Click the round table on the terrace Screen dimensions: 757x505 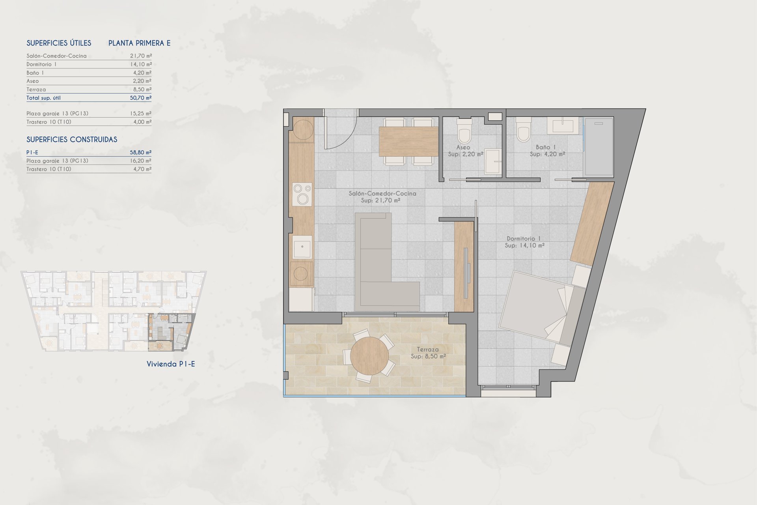click(x=369, y=356)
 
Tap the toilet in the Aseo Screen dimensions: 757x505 click(x=464, y=131)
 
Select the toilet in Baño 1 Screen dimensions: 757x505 click(x=524, y=129)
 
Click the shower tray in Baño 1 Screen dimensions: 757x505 click(x=599, y=147)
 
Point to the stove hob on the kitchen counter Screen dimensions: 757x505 click(x=302, y=194)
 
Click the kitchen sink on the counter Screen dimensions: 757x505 click(x=302, y=247)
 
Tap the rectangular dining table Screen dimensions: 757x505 click(x=408, y=141)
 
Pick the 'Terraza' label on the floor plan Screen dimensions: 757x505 click(x=428, y=350)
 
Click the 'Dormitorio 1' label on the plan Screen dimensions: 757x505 click(x=524, y=239)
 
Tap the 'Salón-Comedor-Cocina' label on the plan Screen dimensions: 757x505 click(x=382, y=194)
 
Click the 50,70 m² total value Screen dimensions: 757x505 click(x=141, y=98)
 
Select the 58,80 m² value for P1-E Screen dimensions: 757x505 click(x=141, y=152)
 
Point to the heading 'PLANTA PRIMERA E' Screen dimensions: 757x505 click(x=140, y=43)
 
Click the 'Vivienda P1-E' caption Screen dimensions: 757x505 click(x=171, y=364)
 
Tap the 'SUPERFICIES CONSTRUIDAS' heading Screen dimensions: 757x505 click(x=72, y=140)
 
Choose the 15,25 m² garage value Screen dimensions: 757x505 click(x=141, y=114)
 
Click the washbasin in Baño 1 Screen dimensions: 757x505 click(x=563, y=125)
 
